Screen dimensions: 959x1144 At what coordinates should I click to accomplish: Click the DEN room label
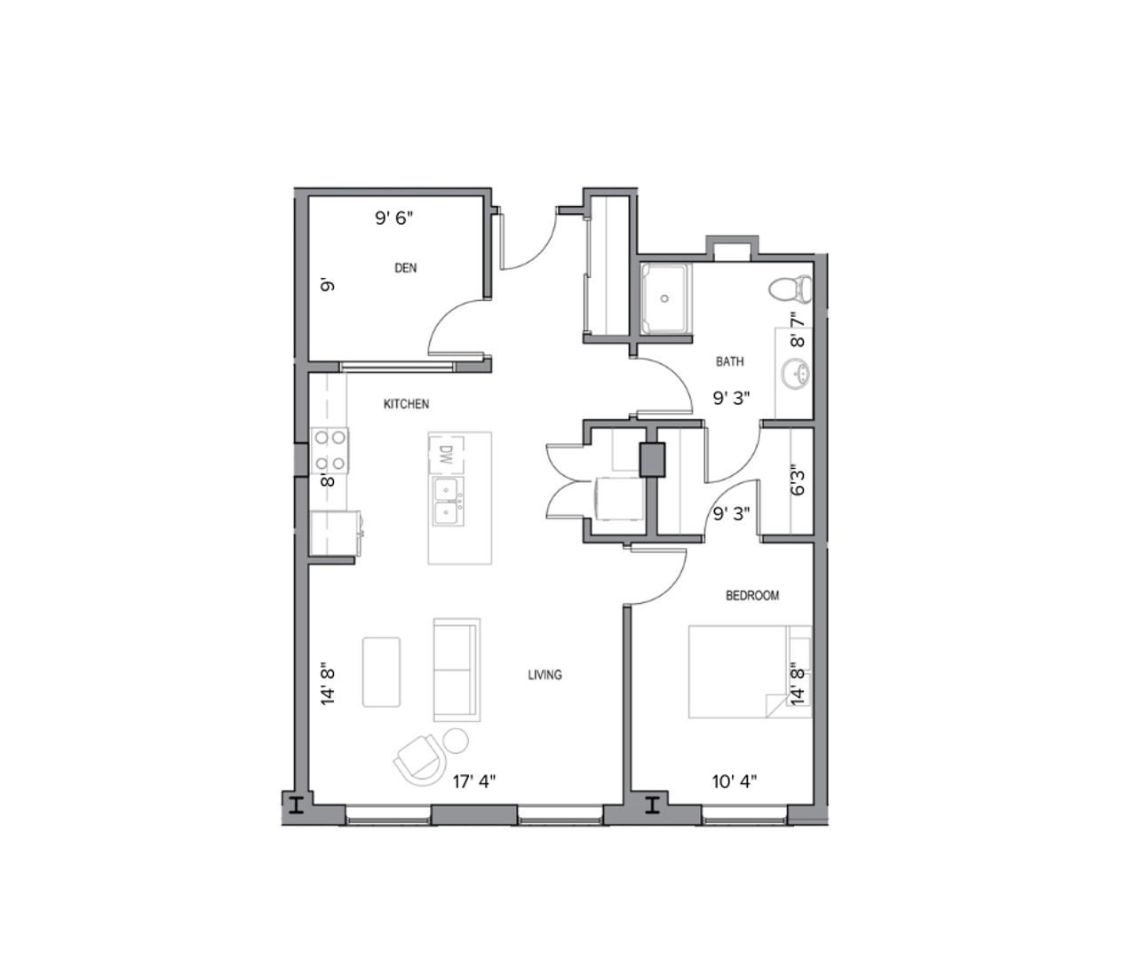click(x=405, y=268)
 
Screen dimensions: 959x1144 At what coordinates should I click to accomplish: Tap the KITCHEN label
click(x=406, y=404)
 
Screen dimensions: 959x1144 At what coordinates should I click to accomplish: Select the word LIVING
click(x=544, y=675)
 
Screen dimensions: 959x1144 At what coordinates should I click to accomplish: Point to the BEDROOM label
click(x=752, y=596)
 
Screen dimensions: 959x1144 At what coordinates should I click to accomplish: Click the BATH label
click(x=730, y=361)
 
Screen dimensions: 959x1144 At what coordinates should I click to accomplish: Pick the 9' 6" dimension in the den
click(x=393, y=218)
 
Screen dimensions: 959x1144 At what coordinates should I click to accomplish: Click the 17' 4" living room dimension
click(x=474, y=781)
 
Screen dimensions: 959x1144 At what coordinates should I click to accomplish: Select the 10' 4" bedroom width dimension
click(x=735, y=781)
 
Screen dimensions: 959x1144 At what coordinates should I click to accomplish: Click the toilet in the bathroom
click(x=790, y=288)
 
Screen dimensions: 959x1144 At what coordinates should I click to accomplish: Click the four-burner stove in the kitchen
click(x=330, y=450)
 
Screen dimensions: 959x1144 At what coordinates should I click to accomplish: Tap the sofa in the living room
click(x=457, y=670)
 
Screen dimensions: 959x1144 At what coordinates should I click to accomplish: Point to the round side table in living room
click(x=456, y=739)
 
